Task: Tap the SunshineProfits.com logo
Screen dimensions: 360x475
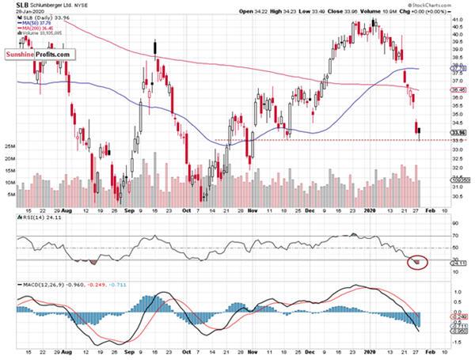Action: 42,55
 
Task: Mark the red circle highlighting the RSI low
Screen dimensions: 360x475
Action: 416,261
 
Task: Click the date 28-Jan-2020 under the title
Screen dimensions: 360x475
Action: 23,14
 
